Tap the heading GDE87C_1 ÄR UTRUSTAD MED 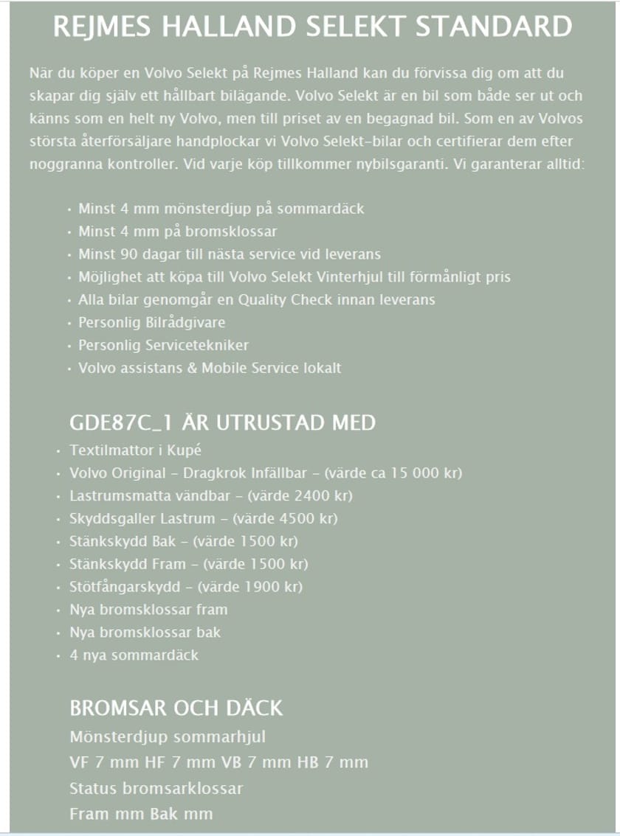click(x=222, y=422)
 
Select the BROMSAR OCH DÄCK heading click(x=176, y=708)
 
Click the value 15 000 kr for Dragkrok click(x=420, y=473)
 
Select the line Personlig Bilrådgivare click(x=151, y=322)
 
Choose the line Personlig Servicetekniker click(x=163, y=345)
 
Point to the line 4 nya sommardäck click(x=134, y=655)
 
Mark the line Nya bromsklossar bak click(x=145, y=632)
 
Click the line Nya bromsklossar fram click(x=148, y=610)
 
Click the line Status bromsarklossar click(x=156, y=788)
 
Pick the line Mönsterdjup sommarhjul click(x=168, y=736)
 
